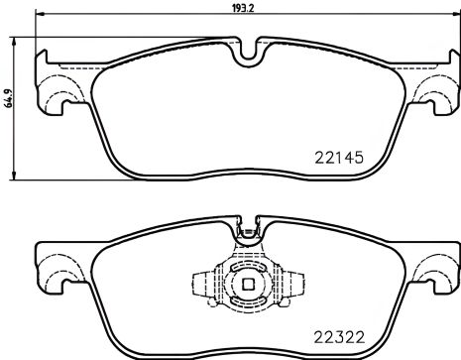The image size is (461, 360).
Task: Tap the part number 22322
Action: pos(334,335)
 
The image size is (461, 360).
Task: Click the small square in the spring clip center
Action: pos(244,290)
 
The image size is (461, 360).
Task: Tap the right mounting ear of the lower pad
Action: pos(434,270)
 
